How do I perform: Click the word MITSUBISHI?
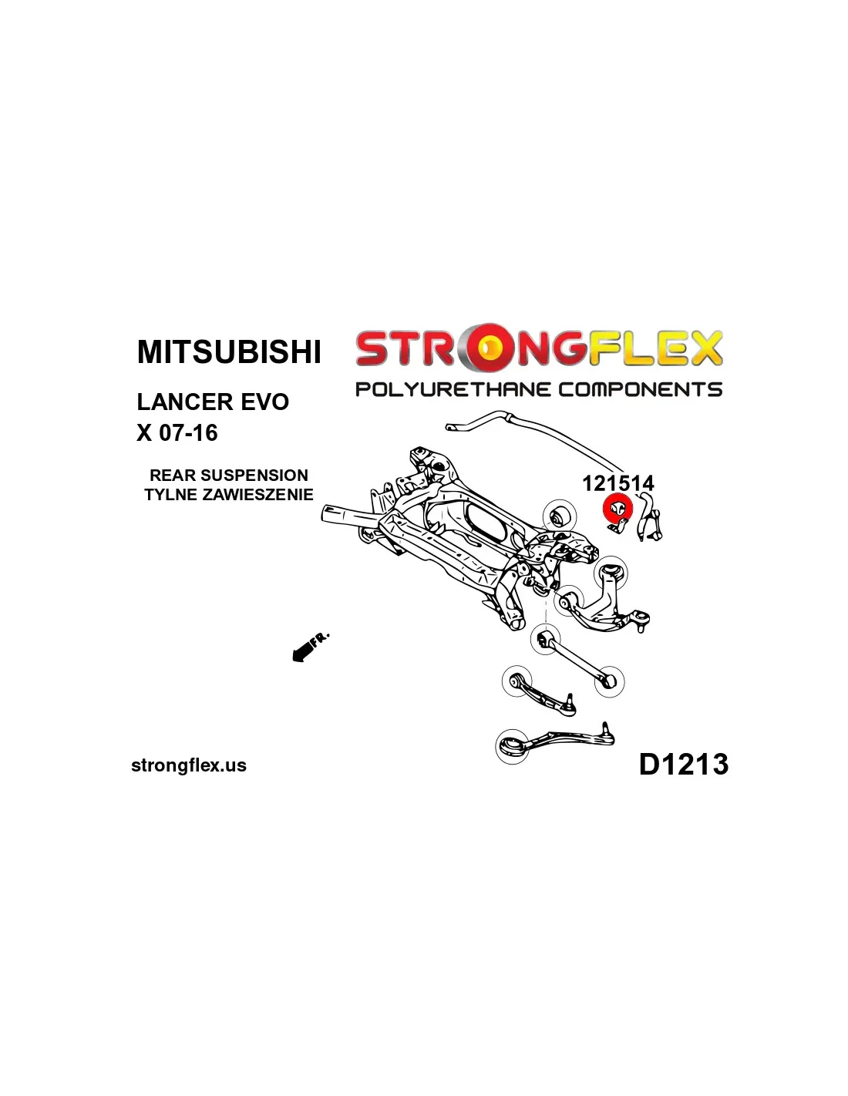(x=229, y=351)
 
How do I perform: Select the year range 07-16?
(x=188, y=432)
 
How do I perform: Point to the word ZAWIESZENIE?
(x=257, y=495)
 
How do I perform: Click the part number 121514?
(x=617, y=483)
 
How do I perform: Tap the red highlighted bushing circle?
(x=617, y=509)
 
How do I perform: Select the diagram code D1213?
(x=683, y=764)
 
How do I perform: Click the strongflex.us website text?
(x=189, y=765)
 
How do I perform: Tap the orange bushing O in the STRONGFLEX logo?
(x=487, y=349)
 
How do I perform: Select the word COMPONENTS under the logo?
(x=641, y=389)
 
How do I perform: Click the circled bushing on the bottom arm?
(x=513, y=746)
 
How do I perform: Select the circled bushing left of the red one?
(x=560, y=516)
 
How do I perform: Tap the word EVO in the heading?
(x=264, y=402)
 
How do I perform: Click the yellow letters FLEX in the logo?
(x=656, y=349)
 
